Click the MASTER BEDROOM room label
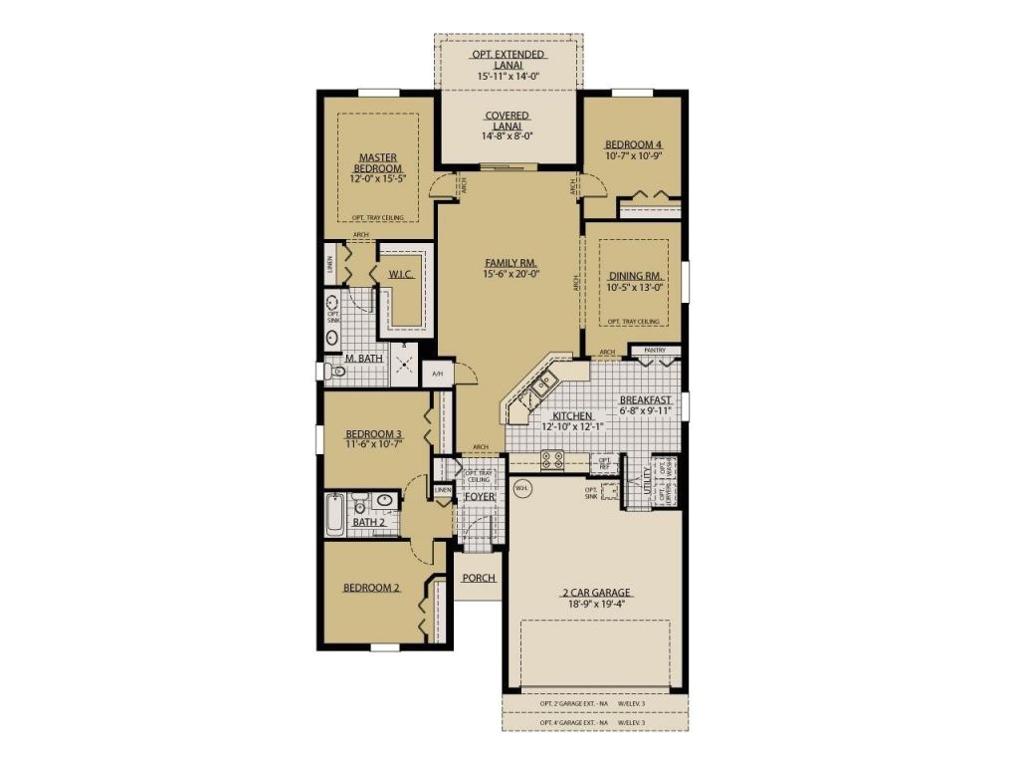[x=378, y=163]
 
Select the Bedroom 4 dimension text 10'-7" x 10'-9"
[x=634, y=156]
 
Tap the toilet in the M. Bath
[x=336, y=372]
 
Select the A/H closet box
[x=436, y=374]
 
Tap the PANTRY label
[x=654, y=351]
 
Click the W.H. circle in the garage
[x=521, y=488]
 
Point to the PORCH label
[x=479, y=578]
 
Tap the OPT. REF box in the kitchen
[x=604, y=463]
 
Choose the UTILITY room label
[x=647, y=482]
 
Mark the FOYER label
[x=481, y=495]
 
